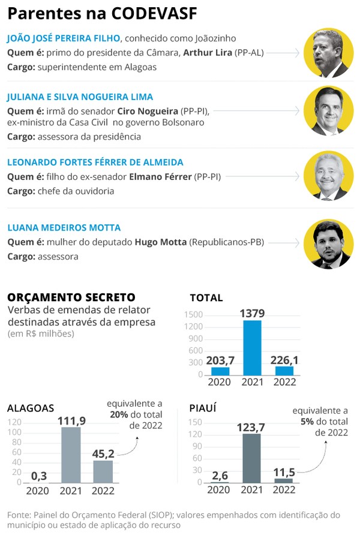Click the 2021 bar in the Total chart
(252, 347)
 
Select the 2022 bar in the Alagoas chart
(103, 471)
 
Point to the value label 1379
(252, 313)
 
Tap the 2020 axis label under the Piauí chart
(219, 489)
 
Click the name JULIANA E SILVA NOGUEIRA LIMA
(80, 97)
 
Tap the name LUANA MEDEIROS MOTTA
(64, 228)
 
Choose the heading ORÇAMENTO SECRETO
(71, 297)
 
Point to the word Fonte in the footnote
(20, 515)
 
